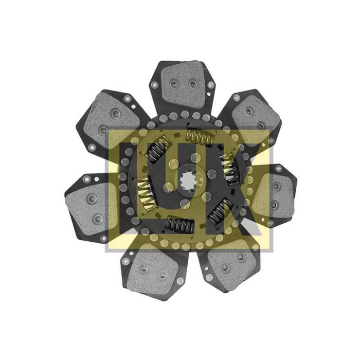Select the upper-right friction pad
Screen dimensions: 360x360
point(257,120)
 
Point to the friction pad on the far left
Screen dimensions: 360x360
point(90,208)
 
